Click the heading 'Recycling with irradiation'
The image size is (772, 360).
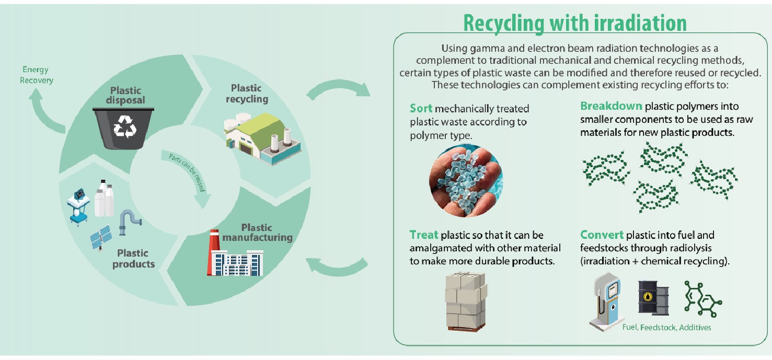(574, 23)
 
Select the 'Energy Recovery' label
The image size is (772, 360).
(37, 75)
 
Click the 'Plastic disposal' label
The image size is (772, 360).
(126, 95)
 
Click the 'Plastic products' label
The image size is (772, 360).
(133, 258)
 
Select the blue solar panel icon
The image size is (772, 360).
(101, 237)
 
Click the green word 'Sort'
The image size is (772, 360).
(421, 109)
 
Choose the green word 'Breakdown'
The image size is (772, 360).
(610, 106)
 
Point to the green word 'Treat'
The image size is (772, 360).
(424, 236)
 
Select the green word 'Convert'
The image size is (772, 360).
(602, 235)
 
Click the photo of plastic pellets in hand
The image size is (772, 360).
(466, 181)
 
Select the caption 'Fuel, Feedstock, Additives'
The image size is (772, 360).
(666, 328)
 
